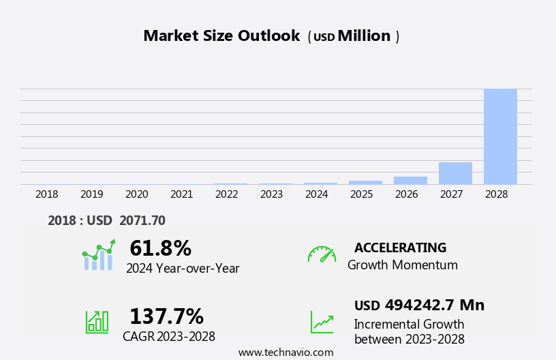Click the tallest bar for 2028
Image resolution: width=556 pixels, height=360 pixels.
pos(500,136)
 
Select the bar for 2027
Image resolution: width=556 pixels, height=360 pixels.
pos(455,173)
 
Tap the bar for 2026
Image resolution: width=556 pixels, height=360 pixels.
pos(410,180)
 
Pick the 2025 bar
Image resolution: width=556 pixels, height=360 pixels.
pos(365,182)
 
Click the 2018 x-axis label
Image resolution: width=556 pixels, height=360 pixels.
pos(47,194)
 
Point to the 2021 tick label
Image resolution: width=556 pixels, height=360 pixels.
pos(182,194)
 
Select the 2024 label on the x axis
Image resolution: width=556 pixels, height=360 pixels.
pos(317,194)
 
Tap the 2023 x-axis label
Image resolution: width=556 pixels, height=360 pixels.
pos(272,194)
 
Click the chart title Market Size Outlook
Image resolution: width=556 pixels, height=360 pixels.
pos(221,36)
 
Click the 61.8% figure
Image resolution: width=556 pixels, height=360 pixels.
pos(160,248)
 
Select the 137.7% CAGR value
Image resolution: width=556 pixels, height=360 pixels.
pos(166,316)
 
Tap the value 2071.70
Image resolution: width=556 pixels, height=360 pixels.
pos(142,220)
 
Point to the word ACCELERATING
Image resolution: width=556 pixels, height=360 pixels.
pos(400,247)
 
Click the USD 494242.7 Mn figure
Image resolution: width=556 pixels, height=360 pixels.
pos(419,305)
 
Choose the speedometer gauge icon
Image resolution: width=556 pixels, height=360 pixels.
pos(322,254)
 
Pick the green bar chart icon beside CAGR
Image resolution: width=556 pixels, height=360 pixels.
pos(97,322)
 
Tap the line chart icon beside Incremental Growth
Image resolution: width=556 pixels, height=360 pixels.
pos(322,322)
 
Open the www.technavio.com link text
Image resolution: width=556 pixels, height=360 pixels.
pos(285,352)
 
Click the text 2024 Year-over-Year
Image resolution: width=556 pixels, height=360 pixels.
pos(183,269)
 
